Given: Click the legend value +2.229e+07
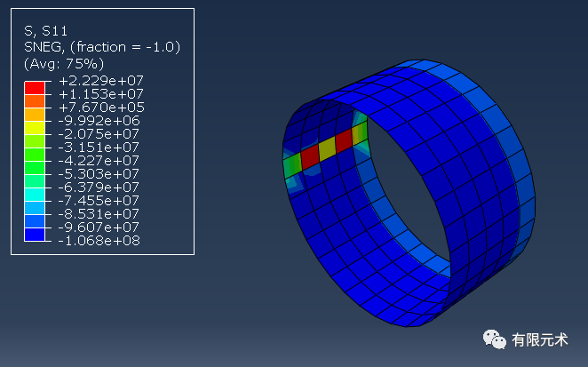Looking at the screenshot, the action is (x=101, y=81).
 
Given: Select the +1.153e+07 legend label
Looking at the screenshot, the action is (x=101, y=94).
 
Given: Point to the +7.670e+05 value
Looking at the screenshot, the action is (x=101, y=108).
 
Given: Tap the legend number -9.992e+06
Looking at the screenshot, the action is (x=99, y=121).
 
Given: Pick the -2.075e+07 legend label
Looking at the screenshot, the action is (x=99, y=134).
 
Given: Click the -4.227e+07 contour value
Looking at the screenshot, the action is (x=99, y=161).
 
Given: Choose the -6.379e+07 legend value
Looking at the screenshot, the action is (x=99, y=187).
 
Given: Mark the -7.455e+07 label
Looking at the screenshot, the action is (x=99, y=201).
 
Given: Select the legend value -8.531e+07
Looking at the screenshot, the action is (x=99, y=214).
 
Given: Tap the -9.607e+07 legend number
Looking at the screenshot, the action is (x=99, y=227).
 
